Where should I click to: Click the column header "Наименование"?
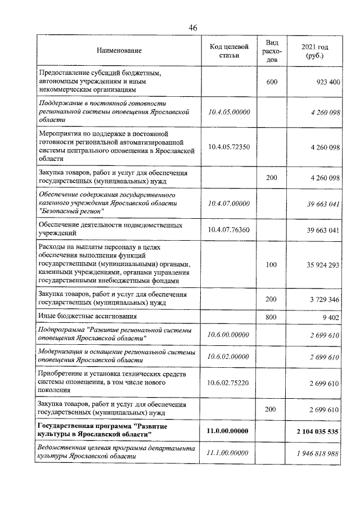(119, 51)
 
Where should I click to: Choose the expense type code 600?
(272, 82)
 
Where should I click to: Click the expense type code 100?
(272, 264)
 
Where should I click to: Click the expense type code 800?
(272, 317)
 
